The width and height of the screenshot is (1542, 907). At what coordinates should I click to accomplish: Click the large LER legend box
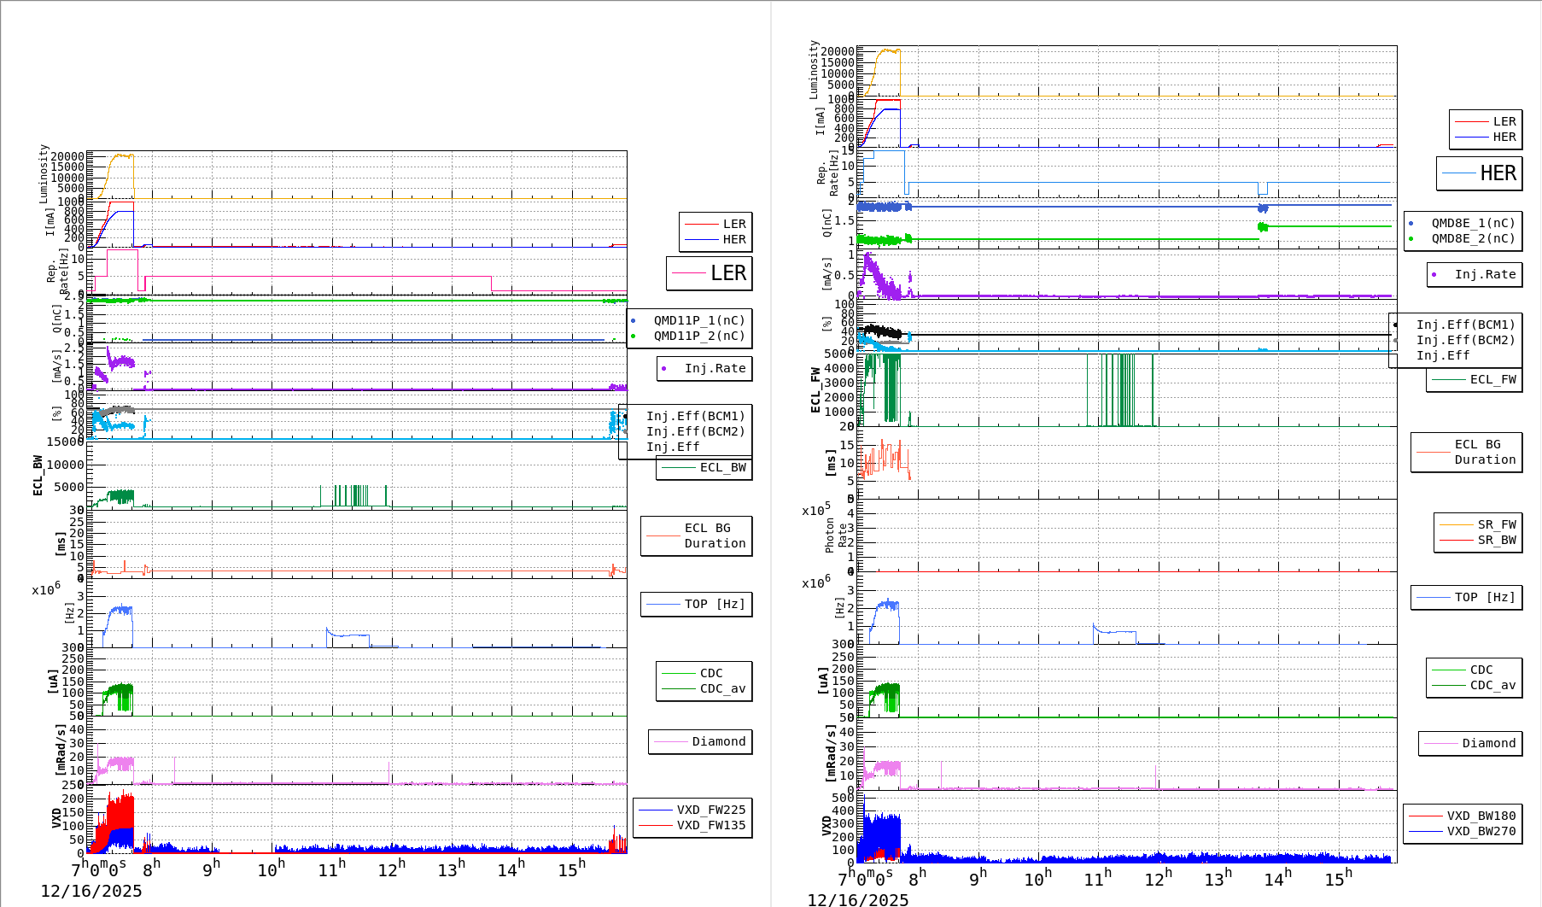pos(709,273)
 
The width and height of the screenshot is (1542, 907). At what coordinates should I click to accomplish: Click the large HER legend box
pos(1479,173)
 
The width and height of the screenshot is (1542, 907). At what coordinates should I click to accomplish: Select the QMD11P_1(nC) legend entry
pos(698,320)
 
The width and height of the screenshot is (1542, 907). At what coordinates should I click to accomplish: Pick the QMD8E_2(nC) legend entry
pos(1472,238)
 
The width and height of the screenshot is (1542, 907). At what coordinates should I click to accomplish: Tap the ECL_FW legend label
pos(1492,379)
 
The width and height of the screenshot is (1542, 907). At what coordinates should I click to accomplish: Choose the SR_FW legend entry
pos(1497,524)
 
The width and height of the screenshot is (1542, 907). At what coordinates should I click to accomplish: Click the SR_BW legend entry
pos(1497,540)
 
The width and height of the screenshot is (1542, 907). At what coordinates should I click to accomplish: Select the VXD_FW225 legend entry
pos(710,810)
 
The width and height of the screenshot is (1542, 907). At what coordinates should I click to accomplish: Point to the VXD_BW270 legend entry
pos(1481,831)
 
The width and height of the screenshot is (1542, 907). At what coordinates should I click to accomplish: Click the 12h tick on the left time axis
pos(390,870)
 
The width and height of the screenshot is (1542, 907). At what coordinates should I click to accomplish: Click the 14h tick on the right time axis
pos(1276,879)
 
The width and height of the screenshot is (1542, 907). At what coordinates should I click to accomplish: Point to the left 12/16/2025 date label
pos(91,892)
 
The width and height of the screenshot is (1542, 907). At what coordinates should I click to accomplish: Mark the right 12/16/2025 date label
pos(858,899)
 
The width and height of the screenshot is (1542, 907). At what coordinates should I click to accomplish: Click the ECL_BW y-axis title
pos(38,475)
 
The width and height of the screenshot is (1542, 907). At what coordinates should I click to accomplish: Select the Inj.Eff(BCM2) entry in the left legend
pos(695,431)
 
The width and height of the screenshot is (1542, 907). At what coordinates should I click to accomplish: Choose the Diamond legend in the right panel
pos(1488,743)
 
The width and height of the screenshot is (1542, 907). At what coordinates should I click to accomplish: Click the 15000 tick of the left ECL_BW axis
pos(66,442)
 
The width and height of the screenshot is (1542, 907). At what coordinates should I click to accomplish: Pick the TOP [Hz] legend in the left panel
pos(714,604)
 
